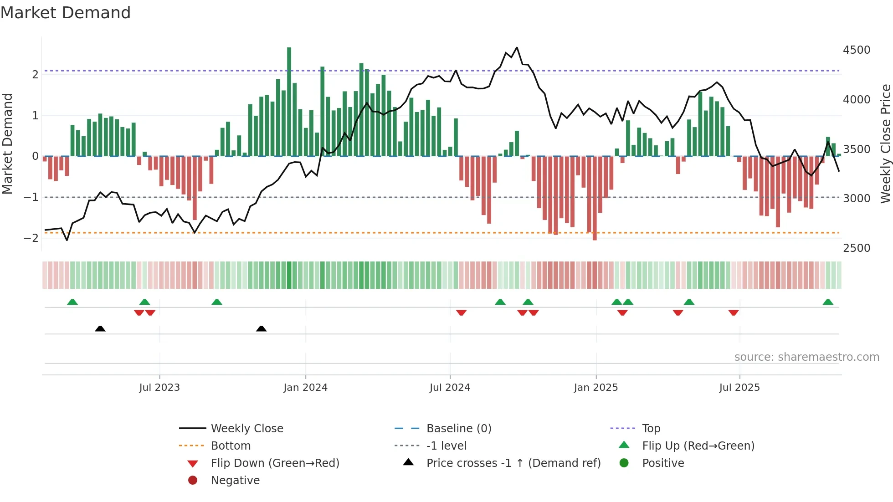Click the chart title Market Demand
click(66, 13)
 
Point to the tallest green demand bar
click(289, 100)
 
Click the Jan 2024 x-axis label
click(305, 388)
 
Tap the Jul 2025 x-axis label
click(739, 388)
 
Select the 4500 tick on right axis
click(857, 50)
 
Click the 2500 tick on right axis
click(857, 248)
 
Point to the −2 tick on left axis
click(31, 238)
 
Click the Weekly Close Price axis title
click(885, 143)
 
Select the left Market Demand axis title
click(7, 143)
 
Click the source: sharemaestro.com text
click(806, 357)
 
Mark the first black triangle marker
click(100, 328)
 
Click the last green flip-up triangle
click(828, 302)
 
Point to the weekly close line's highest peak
click(517, 47)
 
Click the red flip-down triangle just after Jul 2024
click(461, 312)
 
